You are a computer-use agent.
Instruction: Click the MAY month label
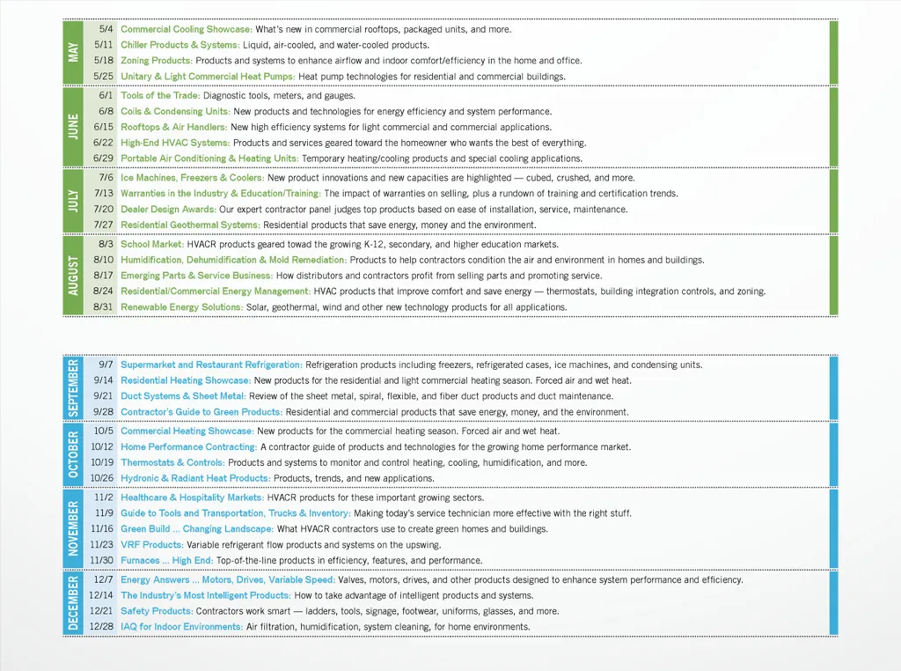tap(73, 52)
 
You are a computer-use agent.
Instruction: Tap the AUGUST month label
tap(73, 275)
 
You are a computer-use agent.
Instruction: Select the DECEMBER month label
tap(73, 602)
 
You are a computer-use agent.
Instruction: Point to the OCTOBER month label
tap(73, 454)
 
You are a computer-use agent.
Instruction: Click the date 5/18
tap(104, 61)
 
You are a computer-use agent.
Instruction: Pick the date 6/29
tap(104, 159)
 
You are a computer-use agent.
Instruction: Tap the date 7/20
tap(104, 209)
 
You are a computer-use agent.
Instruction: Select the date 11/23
tap(102, 544)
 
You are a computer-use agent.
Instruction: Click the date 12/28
tap(102, 627)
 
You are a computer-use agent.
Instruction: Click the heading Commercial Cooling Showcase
tap(186, 29)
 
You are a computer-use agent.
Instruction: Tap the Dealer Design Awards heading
tap(168, 209)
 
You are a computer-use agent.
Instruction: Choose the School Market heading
tap(152, 244)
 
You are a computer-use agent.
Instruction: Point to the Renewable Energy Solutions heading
tap(181, 307)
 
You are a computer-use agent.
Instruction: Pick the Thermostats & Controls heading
tap(172, 462)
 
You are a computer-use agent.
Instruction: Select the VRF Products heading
tap(151, 544)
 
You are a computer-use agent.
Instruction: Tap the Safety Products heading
tap(157, 611)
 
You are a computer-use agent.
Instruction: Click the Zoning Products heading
tap(156, 61)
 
